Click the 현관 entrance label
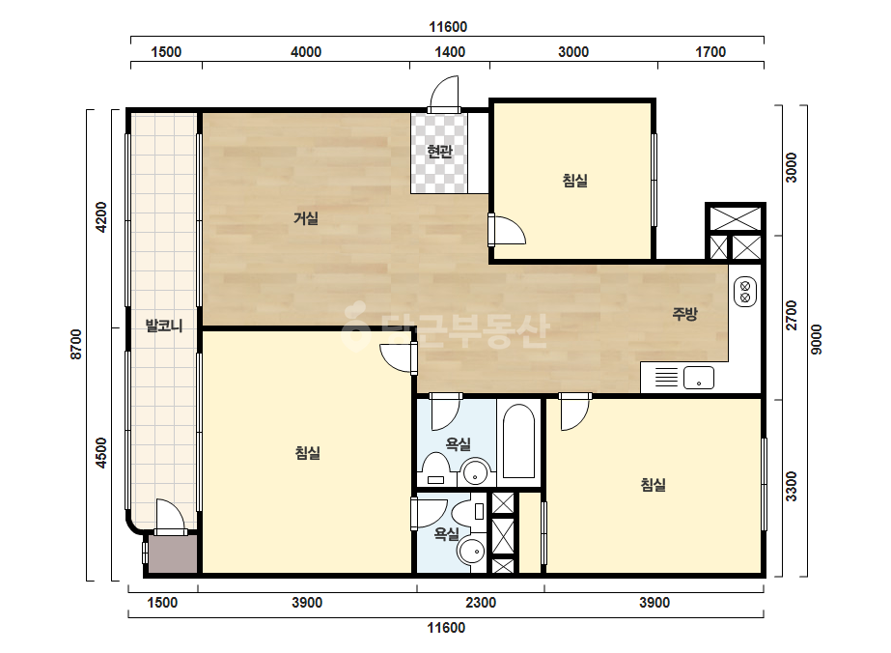pyautogui.click(x=439, y=152)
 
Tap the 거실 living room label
pyautogui.click(x=306, y=218)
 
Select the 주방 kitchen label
pyautogui.click(x=684, y=313)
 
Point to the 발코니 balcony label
pyautogui.click(x=164, y=326)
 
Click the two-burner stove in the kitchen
pyautogui.click(x=745, y=291)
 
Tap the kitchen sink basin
pyautogui.click(x=698, y=378)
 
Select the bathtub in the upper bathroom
pyautogui.click(x=518, y=441)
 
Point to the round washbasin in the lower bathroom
pyautogui.click(x=471, y=552)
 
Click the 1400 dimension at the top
pyautogui.click(x=450, y=52)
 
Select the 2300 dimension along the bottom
pyautogui.click(x=481, y=603)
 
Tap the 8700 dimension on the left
pyautogui.click(x=76, y=344)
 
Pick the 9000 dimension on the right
pyautogui.click(x=816, y=340)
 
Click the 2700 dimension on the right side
pyautogui.click(x=791, y=316)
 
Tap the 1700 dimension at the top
pyautogui.click(x=710, y=52)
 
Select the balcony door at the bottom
pyautogui.click(x=170, y=518)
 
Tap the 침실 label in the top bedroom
pyautogui.click(x=574, y=181)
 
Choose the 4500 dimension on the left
pyautogui.click(x=101, y=453)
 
